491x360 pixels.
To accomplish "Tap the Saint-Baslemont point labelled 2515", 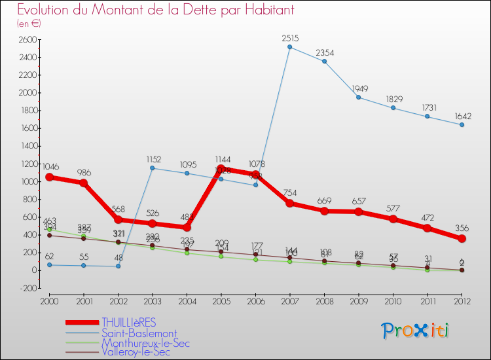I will pos(289,47).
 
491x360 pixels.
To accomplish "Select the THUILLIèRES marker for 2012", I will pos(462,238).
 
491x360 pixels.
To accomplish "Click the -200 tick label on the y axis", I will pos(27,288).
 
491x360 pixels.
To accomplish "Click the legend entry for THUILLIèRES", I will pos(129,323).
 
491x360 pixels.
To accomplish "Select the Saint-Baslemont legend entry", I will pos(138,333).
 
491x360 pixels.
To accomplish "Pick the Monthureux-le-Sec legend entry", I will pos(145,343).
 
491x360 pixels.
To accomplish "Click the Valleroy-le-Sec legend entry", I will pos(136,352).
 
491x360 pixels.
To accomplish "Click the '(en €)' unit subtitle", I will pos(29,24).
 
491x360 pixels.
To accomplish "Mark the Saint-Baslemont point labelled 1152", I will pos(152,168).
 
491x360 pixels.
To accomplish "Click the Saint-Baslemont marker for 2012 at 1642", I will pos(462,125).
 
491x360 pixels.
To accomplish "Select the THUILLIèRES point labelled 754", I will pos(289,203).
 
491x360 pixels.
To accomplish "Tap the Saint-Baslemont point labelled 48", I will pos(118,266).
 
